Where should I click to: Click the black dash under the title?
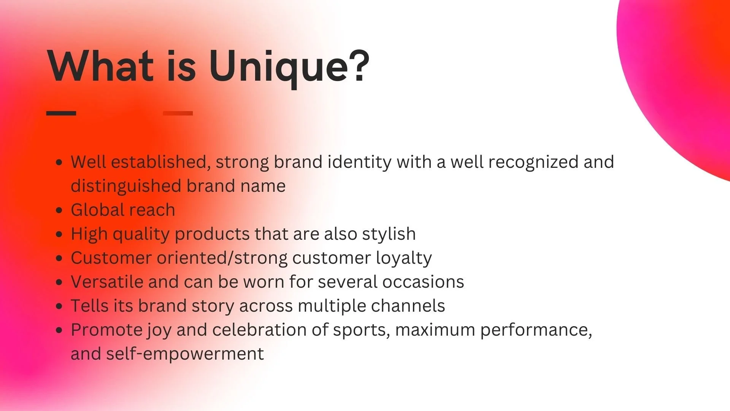coord(61,113)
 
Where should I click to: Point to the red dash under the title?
coord(178,113)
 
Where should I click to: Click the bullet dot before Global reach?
coord(59,210)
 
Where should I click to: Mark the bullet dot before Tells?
coord(59,306)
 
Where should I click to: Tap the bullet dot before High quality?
coord(59,234)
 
